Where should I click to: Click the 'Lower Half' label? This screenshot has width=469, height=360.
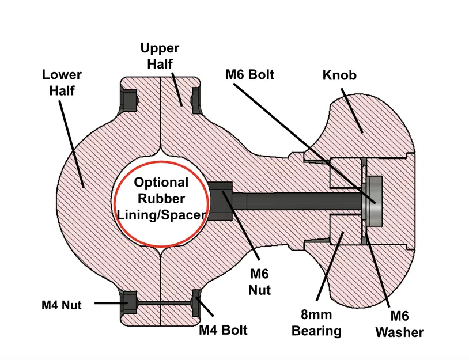(62, 82)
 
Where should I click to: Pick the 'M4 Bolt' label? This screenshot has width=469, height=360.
(223, 330)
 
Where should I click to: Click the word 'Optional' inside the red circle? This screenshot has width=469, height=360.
(161, 183)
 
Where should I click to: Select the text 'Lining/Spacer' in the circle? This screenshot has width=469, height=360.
(161, 214)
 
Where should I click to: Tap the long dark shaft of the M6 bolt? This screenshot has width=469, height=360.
(300, 200)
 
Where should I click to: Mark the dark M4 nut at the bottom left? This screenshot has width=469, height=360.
(127, 303)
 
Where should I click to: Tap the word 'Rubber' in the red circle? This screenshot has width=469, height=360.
(161, 198)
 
